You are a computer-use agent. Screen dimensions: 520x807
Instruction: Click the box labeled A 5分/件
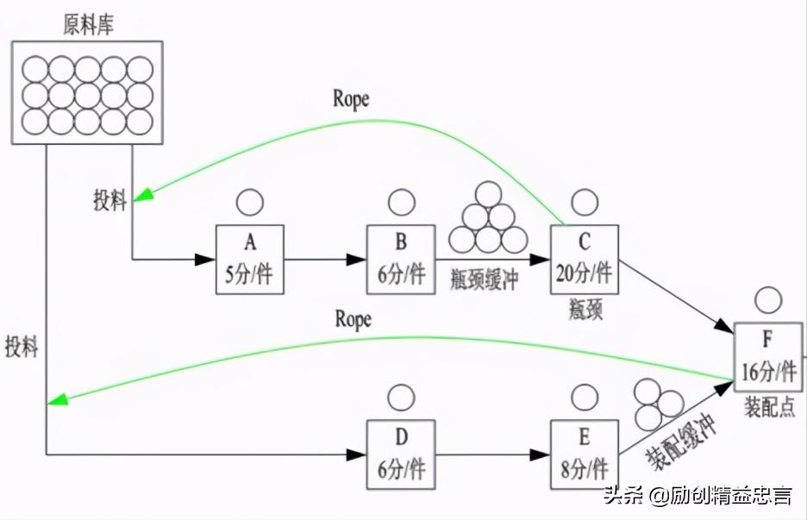249,259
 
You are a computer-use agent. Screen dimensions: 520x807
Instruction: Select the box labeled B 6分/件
401,259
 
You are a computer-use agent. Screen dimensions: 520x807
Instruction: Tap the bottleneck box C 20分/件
584,259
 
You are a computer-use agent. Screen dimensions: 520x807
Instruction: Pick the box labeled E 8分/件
584,454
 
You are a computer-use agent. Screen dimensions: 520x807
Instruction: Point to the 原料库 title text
89,24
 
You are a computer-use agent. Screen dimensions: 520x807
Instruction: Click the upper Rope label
351,98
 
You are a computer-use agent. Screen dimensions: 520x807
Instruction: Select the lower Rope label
352,319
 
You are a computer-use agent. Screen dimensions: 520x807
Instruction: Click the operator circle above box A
249,203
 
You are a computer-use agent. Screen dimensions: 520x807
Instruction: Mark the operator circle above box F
766,299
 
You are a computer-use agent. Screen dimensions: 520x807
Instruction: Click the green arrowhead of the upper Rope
141,196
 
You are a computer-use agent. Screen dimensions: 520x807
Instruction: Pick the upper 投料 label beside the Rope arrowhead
110,202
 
